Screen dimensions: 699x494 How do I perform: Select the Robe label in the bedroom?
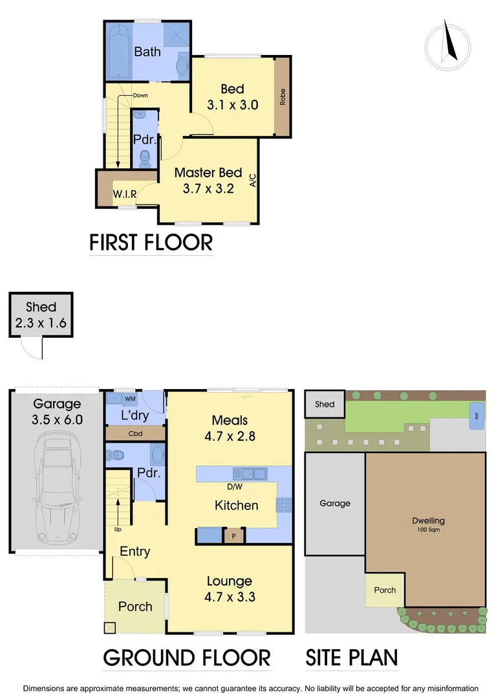click(x=283, y=97)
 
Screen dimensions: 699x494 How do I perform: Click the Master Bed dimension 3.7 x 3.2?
click(x=208, y=189)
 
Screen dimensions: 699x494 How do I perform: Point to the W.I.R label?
click(x=124, y=194)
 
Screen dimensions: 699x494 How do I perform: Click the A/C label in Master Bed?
click(x=253, y=180)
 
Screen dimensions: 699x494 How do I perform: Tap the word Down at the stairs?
click(x=140, y=96)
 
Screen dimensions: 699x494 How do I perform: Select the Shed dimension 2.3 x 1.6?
click(x=41, y=322)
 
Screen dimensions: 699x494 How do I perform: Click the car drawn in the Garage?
click(x=56, y=487)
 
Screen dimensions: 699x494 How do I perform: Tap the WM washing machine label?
click(x=130, y=399)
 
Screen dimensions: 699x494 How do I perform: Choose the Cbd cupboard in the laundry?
click(x=135, y=434)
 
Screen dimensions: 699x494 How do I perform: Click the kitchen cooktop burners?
click(x=285, y=504)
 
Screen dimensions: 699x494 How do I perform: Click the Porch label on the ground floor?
click(x=135, y=606)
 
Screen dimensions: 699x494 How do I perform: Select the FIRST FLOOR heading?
click(x=151, y=242)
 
